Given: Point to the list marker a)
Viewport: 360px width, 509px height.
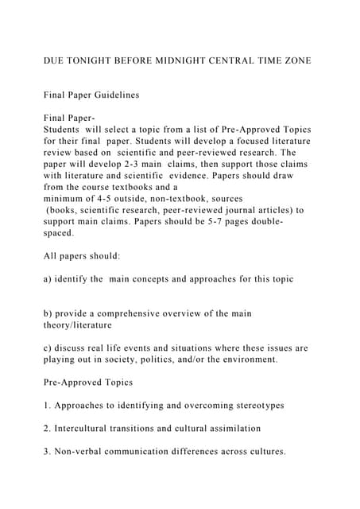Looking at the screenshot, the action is click(x=49, y=279).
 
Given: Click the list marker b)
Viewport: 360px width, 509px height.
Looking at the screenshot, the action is click(x=49, y=313).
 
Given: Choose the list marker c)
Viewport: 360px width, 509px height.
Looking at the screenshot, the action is click(x=48, y=348).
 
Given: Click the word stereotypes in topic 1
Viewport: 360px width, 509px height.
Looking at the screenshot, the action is click(x=254, y=406).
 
